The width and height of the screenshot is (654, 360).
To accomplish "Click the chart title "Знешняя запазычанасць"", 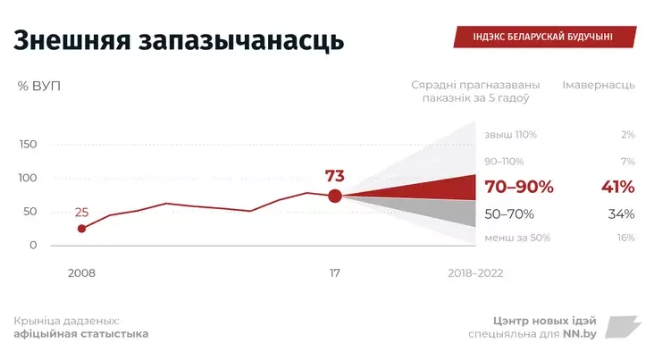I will (x=179, y=41).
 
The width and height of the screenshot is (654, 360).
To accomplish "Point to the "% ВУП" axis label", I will (x=38, y=86).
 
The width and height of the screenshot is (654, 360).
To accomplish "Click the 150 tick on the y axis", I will (x=28, y=145).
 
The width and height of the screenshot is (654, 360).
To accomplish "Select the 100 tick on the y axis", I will (x=28, y=178).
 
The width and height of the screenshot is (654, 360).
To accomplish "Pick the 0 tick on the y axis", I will (x=33, y=245).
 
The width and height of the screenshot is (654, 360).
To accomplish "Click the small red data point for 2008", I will (x=81, y=229).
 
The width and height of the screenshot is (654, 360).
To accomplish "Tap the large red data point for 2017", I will (x=334, y=196).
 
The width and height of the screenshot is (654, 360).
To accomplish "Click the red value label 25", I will (x=81, y=213).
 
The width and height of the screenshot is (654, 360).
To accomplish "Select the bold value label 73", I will (x=334, y=175).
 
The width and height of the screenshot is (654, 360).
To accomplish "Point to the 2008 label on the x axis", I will (x=81, y=272).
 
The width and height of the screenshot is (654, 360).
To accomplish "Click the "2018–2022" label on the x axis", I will (x=475, y=272).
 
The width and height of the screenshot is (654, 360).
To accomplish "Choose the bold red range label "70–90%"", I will (x=518, y=188).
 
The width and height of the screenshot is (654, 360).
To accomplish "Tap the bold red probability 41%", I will (x=617, y=188).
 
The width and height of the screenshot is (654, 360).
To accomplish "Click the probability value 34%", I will (x=620, y=214).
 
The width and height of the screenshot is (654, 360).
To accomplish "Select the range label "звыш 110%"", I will (x=510, y=135).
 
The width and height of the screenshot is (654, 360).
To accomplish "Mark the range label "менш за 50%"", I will (x=517, y=238).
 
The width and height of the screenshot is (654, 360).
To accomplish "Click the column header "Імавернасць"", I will (x=599, y=86).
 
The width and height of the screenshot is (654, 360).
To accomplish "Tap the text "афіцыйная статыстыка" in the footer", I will (x=81, y=334).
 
